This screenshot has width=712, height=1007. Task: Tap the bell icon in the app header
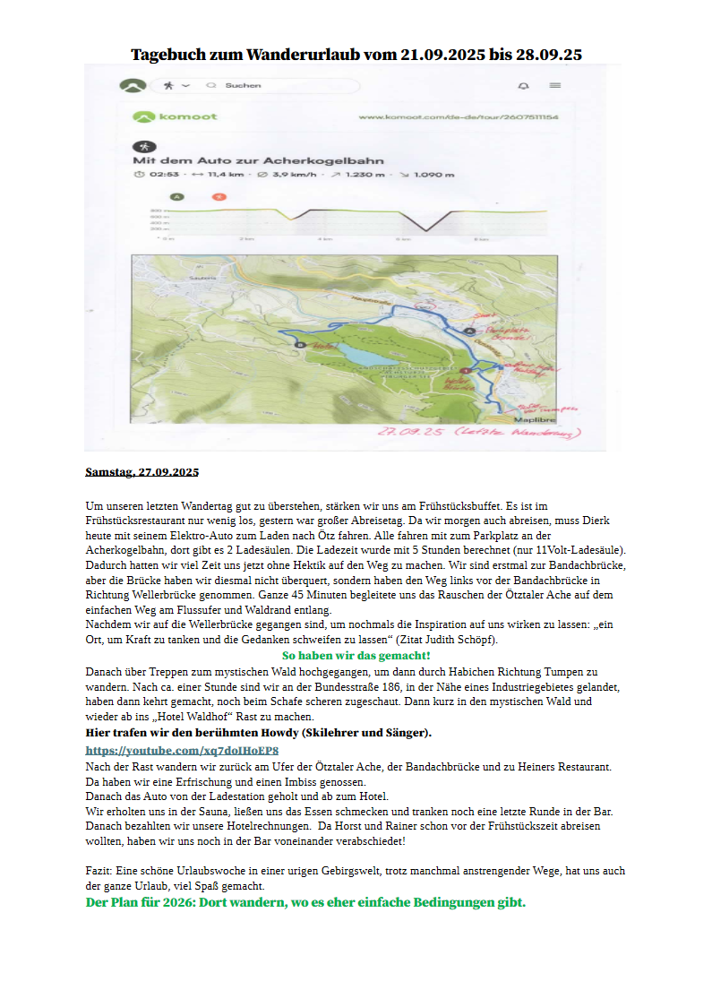[523, 86]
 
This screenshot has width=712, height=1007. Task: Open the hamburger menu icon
[555, 86]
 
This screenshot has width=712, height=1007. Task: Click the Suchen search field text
[243, 86]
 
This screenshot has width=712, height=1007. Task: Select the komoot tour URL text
[458, 117]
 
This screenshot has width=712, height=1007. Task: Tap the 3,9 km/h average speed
[289, 175]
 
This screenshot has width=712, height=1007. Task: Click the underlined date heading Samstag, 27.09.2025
[142, 471]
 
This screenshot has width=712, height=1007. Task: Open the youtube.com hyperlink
[182, 751]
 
